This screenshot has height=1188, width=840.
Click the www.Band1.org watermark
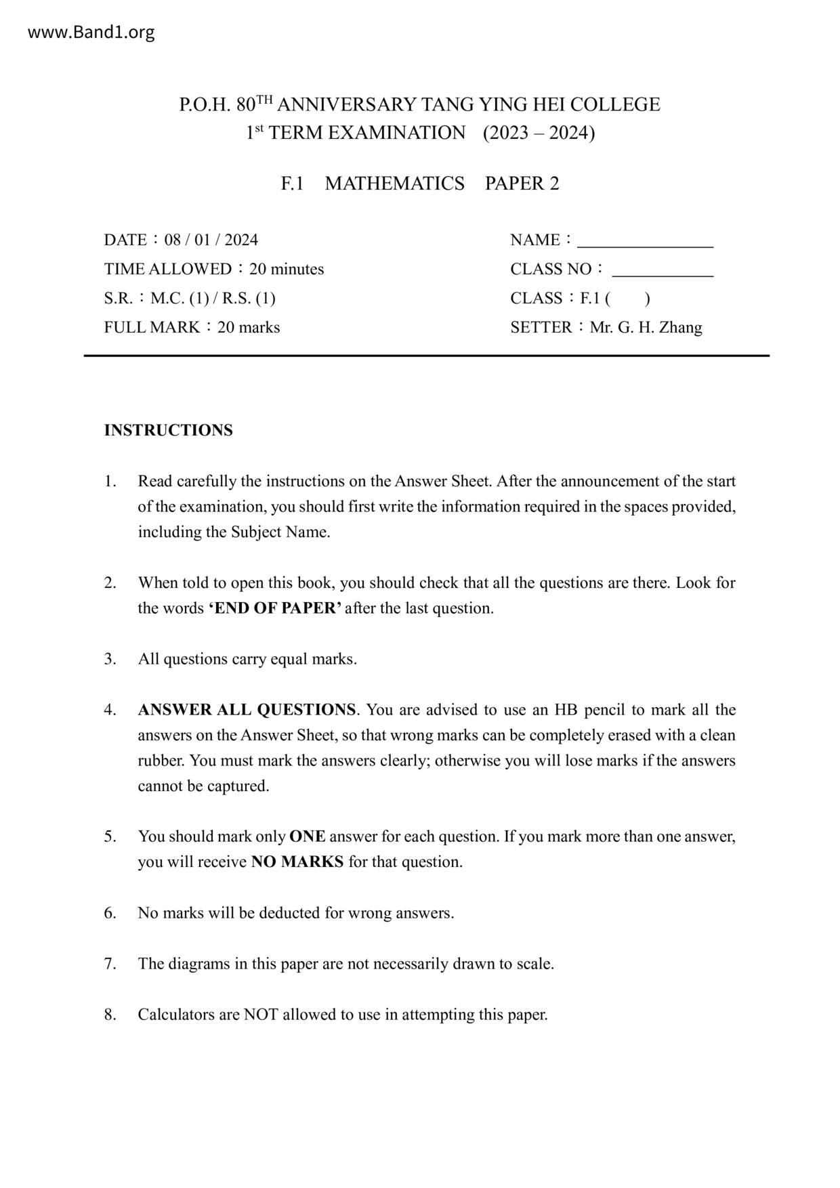91,32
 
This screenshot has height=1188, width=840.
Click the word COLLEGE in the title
615,104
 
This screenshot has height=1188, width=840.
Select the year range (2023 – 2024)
539,133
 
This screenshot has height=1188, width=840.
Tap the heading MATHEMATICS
394,184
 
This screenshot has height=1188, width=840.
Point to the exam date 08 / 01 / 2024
211,240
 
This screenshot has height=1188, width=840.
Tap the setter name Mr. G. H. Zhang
646,328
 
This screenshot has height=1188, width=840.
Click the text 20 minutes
287,269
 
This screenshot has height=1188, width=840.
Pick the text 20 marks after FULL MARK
249,328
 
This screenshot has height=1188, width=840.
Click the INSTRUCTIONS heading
168,430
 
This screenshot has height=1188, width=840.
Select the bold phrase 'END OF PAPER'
275,608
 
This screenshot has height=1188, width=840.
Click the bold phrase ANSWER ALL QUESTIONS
247,710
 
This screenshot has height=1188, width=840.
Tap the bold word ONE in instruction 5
307,836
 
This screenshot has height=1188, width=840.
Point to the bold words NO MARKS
297,862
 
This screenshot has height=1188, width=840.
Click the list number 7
109,964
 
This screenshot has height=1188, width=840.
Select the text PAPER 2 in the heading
522,184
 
